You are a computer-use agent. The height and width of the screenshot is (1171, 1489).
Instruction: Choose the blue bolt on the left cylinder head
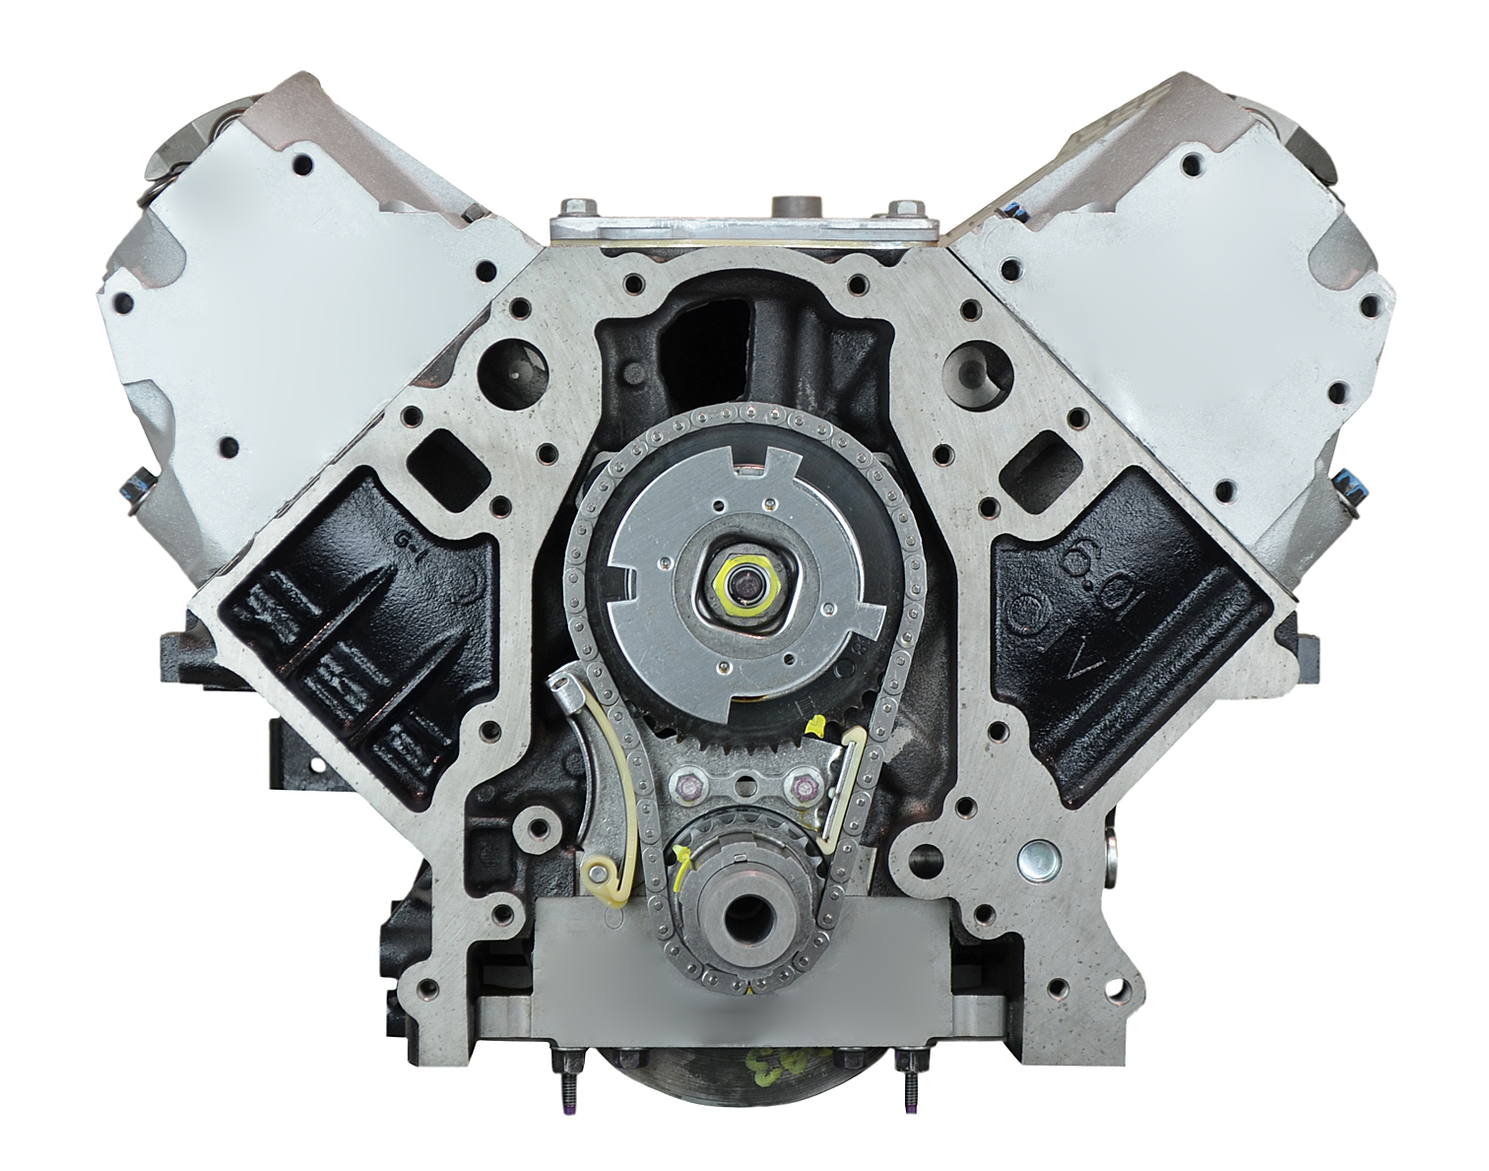133,487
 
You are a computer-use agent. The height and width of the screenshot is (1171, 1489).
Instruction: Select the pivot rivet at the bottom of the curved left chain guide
596,871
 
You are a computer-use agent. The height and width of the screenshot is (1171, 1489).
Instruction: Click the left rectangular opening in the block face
431,456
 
